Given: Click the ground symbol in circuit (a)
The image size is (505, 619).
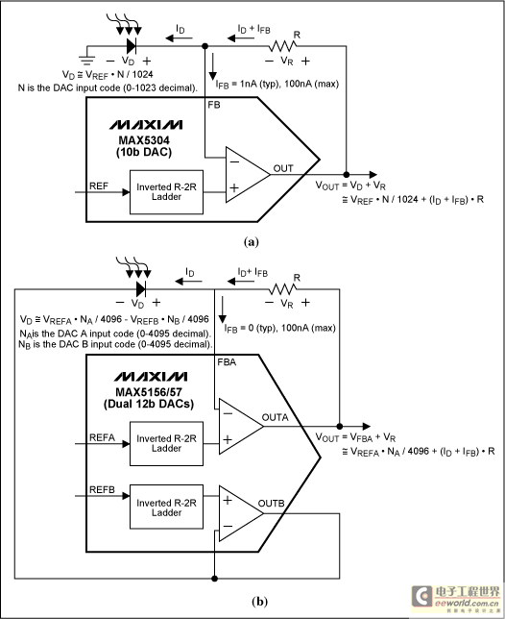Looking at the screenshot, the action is [x=86, y=60].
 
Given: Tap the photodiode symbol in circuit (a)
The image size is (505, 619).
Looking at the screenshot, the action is [x=132, y=46].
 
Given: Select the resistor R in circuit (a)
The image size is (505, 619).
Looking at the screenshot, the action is [x=282, y=46].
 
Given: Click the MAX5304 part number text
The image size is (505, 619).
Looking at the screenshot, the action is [x=144, y=140].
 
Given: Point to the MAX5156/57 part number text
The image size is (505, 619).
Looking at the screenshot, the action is [x=149, y=392].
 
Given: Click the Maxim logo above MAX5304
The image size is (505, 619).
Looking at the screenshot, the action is [x=146, y=125].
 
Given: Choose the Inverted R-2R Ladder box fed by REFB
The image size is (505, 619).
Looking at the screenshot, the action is [x=166, y=507].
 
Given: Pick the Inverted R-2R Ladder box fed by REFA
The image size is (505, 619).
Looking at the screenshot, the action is [x=166, y=444].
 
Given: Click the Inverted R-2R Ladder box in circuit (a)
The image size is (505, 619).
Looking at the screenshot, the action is [x=166, y=192].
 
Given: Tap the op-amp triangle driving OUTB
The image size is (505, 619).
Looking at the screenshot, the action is [x=240, y=513].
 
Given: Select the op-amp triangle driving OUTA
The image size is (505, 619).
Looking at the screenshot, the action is [x=240, y=427].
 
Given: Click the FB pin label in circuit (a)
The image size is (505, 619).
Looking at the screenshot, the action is [x=214, y=105].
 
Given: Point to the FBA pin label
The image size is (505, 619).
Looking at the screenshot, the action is [x=227, y=362].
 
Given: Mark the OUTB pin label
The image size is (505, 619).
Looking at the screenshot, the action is [x=272, y=504].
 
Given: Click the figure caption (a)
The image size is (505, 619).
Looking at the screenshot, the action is [x=252, y=241].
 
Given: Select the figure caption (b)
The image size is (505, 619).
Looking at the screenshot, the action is [x=259, y=602].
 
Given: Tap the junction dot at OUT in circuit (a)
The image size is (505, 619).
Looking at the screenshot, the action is [x=347, y=175].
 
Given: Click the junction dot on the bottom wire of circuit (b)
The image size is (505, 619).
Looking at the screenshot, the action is [x=214, y=579].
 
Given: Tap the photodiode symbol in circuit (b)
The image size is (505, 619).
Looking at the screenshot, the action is [x=141, y=289].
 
